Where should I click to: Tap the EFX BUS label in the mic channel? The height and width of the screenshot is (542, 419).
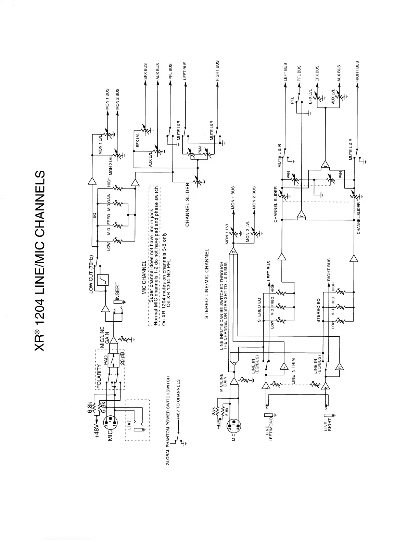click(145, 72)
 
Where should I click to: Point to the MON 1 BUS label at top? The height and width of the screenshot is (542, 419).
click(107, 99)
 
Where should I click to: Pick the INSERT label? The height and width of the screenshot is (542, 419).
click(117, 291)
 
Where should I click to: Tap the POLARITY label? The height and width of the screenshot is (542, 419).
click(99, 376)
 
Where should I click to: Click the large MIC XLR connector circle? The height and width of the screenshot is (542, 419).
click(112, 422)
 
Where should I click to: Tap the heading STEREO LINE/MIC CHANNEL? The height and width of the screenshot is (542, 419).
click(206, 284)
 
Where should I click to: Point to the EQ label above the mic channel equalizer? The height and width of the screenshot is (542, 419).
click(94, 215)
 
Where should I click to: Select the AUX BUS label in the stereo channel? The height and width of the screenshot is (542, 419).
click(339, 73)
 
